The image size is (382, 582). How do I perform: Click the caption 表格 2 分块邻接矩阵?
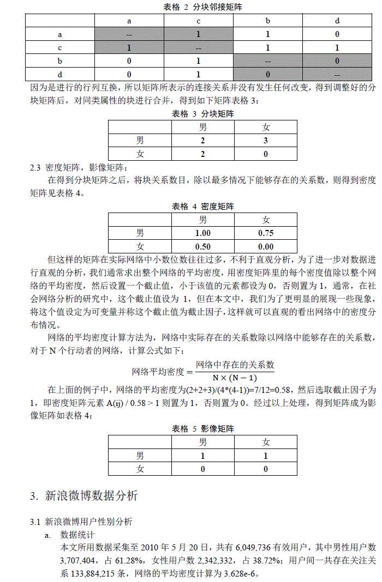pyautogui.click(x=203, y=7)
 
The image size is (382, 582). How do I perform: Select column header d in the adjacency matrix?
pyautogui.click(x=337, y=21)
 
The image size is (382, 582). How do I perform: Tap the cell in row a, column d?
pyautogui.click(x=337, y=34)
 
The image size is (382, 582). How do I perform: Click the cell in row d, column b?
pyautogui.click(x=268, y=74)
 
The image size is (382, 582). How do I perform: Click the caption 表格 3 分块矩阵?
pyautogui.click(x=203, y=114)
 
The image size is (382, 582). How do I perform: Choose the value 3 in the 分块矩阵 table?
pyautogui.click(x=266, y=141)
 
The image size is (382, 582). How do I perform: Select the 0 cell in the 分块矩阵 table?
pyautogui.click(x=266, y=154)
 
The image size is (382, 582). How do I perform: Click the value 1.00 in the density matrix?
pyautogui.click(x=203, y=233)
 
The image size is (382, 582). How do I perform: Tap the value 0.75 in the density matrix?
pyautogui.click(x=266, y=233)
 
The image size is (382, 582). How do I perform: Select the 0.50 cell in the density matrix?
pyautogui.click(x=203, y=247)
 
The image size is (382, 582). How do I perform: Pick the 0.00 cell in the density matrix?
pyautogui.click(x=266, y=247)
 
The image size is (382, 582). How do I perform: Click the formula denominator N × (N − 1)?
pyautogui.click(x=235, y=378)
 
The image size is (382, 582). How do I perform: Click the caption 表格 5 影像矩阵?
pyautogui.click(x=203, y=429)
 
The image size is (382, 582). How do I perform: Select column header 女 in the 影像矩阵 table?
pyautogui.click(x=266, y=442)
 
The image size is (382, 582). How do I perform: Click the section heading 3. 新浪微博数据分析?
pyautogui.click(x=84, y=496)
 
